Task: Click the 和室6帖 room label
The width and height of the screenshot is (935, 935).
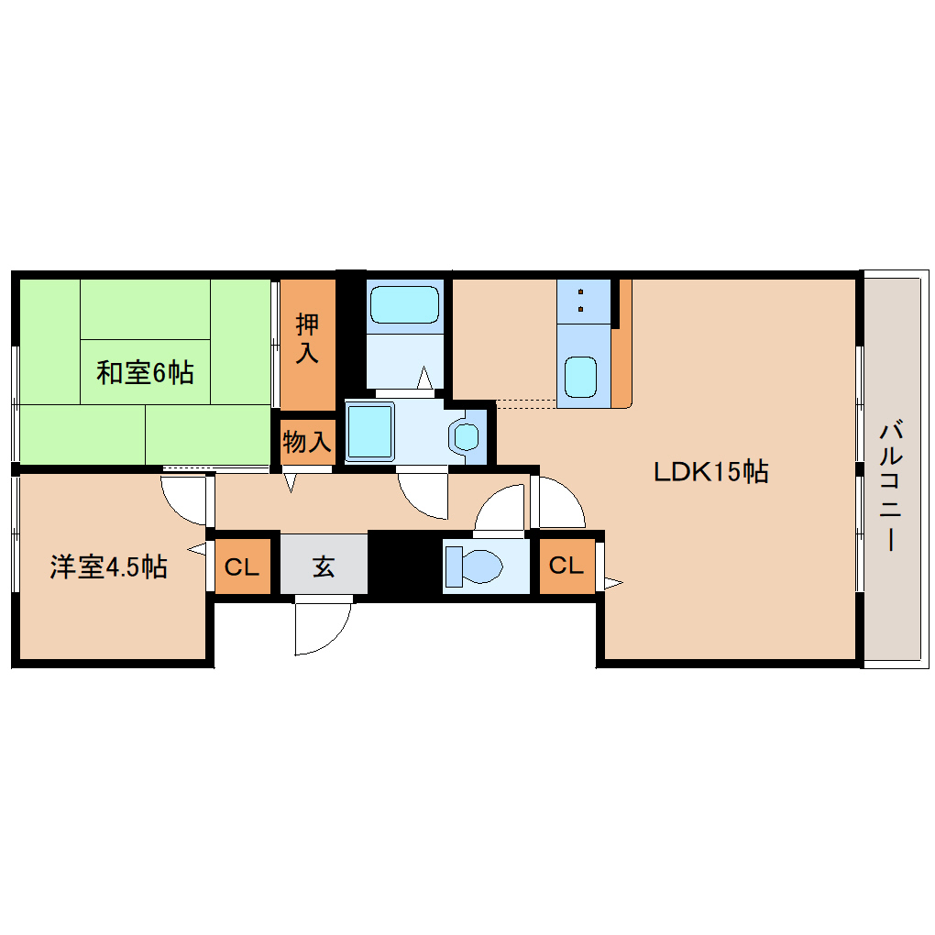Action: pos(145,373)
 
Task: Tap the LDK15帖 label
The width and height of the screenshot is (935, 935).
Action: pos(710,472)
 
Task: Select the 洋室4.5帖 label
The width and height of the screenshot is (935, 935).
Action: pos(108,567)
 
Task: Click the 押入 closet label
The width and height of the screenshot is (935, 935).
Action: pos(307,339)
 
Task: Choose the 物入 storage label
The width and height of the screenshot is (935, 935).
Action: pos(306,443)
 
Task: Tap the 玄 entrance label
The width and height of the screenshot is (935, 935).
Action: pos(324,566)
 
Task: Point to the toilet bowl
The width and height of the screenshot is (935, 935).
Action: pos(475,565)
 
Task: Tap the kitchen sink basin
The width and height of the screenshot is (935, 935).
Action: pos(580,377)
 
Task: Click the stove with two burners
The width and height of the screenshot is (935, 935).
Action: pos(583,300)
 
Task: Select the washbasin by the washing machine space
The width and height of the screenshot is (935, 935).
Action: pos(467,436)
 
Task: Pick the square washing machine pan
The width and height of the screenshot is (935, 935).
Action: pos(368,431)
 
